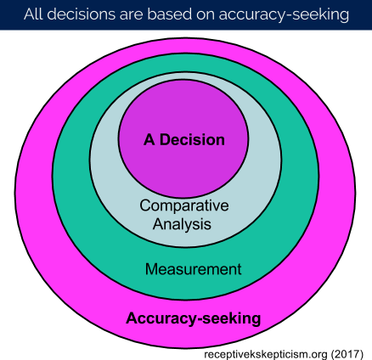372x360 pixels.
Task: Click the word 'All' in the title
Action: tap(33, 14)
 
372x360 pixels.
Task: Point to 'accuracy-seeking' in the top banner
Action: tap(284, 15)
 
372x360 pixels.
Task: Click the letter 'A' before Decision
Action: tap(149, 140)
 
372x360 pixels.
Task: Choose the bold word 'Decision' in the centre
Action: tap(192, 140)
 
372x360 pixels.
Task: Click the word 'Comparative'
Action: tap(184, 205)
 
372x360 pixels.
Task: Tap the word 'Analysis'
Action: tap(182, 224)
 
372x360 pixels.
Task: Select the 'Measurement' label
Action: tap(194, 269)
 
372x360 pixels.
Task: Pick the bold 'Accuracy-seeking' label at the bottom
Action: tap(194, 318)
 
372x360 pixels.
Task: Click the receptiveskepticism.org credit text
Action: tap(267, 354)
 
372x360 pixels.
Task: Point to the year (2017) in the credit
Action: tap(347, 354)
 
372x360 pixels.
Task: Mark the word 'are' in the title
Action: tap(132, 15)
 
